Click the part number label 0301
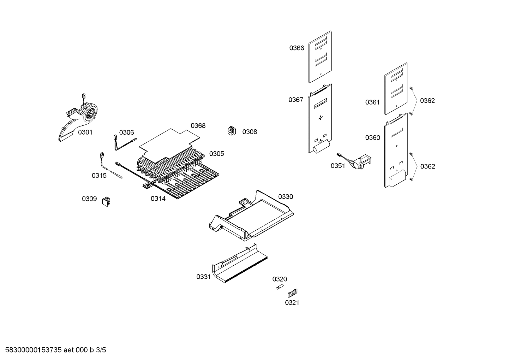click(x=85, y=132)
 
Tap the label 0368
click(x=198, y=126)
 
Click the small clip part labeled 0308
click(x=232, y=131)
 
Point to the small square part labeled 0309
click(x=106, y=201)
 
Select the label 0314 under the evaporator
click(x=158, y=199)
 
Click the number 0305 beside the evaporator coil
click(x=216, y=154)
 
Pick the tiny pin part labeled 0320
click(x=280, y=287)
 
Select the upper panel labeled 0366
click(x=320, y=57)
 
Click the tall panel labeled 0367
click(x=320, y=118)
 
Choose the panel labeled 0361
click(x=396, y=89)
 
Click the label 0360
click(x=372, y=138)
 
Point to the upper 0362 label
click(x=427, y=101)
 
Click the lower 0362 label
click(x=427, y=166)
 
